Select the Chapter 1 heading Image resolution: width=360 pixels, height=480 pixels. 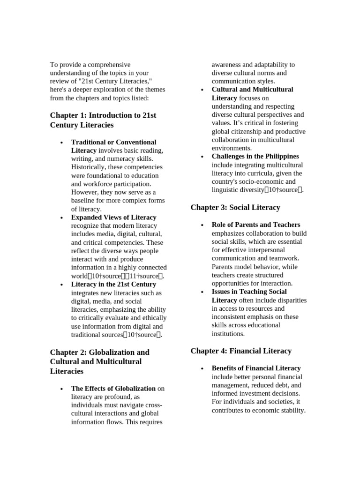pyautogui.click(x=103, y=120)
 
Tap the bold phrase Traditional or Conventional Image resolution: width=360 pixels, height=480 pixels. pyautogui.click(x=113, y=142)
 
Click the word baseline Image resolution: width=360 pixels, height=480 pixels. pyautogui.click(x=84, y=201)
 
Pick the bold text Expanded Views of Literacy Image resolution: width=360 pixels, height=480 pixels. pyautogui.click(x=113, y=217)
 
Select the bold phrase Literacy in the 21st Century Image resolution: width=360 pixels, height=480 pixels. pyautogui.click(x=113, y=284)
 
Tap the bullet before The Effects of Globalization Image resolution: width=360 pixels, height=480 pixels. pyautogui.click(x=61, y=389)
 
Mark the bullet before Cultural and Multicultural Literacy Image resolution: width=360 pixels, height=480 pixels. pyautogui.click(x=202, y=90)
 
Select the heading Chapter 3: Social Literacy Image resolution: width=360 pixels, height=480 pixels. pyautogui.click(x=235, y=207)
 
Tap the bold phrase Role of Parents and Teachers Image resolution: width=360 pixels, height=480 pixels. pyautogui.click(x=256, y=225)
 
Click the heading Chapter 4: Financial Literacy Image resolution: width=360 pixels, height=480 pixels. pyautogui.click(x=241, y=351)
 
